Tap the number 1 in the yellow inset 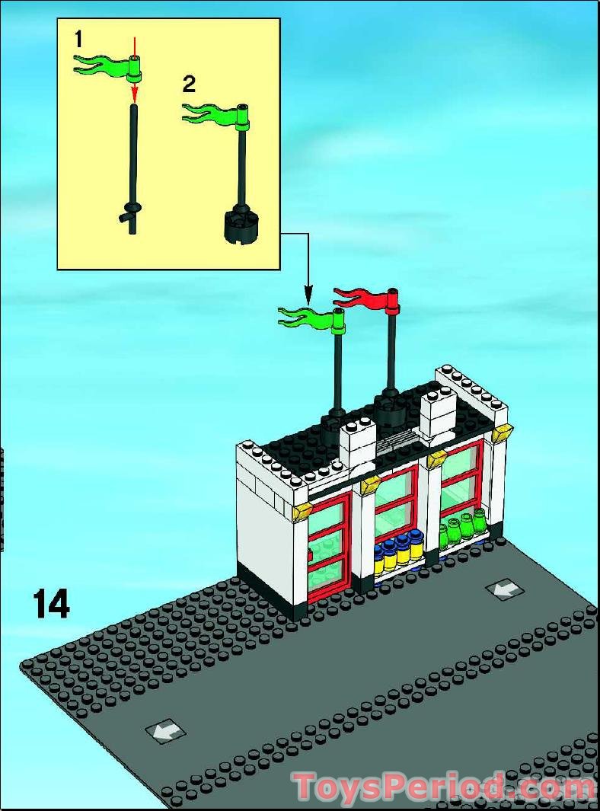point(78,37)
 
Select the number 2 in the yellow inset point(189,84)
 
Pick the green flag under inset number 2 point(209,115)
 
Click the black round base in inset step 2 point(243,225)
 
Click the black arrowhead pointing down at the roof point(308,293)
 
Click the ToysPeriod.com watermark point(445,787)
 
